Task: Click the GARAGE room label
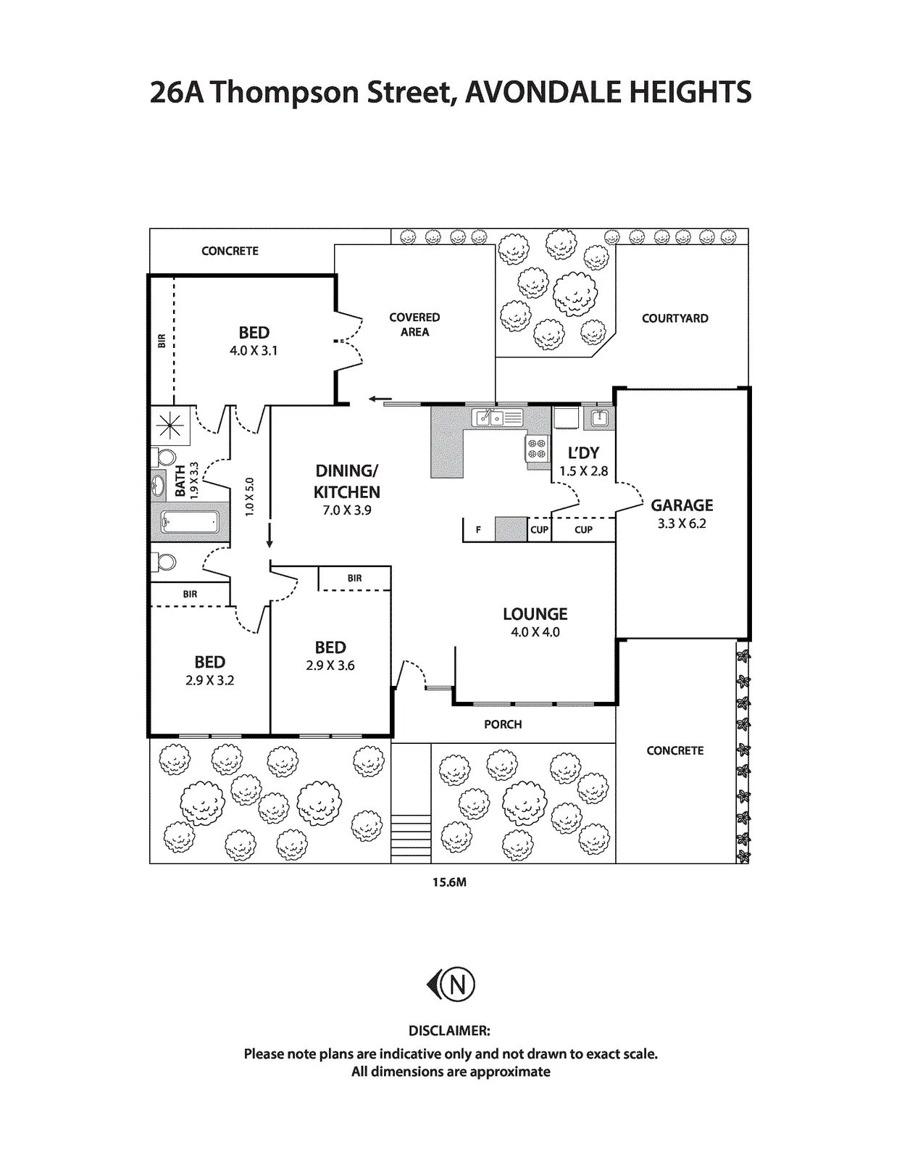(682, 505)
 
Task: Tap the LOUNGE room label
(535, 614)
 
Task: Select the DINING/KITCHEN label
(346, 481)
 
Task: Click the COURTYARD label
(675, 318)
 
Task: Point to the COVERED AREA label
(414, 325)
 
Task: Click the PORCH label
(503, 724)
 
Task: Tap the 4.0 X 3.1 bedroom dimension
(254, 351)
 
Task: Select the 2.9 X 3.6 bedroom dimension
(330, 666)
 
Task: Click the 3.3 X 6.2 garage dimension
(682, 523)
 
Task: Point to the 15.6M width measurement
(449, 882)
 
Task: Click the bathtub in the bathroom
(189, 521)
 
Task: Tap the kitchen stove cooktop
(537, 447)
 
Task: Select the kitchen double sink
(490, 418)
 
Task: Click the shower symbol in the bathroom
(171, 425)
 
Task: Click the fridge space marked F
(478, 530)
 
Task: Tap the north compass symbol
(451, 985)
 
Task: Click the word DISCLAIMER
(449, 1031)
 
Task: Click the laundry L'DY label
(583, 453)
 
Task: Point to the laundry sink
(598, 417)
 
